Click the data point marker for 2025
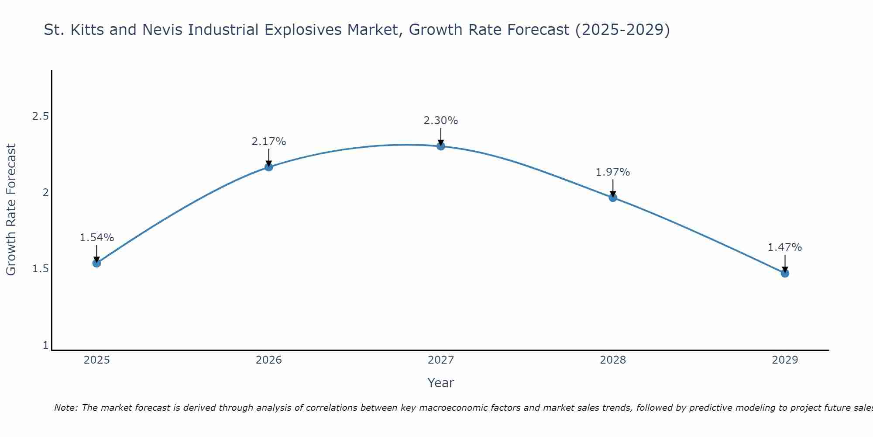pos(96,263)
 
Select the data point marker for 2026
pos(269,167)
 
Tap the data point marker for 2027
pos(441,146)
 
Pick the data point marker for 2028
pos(613,198)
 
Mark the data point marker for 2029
pos(785,274)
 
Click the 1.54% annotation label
pos(97,238)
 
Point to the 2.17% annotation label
pos(269,142)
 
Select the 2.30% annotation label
pos(441,121)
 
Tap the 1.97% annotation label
pos(613,172)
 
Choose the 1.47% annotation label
pos(785,247)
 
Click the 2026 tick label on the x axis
pos(269,360)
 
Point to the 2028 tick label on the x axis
pos(613,360)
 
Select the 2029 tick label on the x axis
pos(785,360)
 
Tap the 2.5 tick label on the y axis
pos(41,116)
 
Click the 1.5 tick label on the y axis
pos(41,269)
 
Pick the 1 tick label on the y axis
pos(45,345)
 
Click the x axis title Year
pos(441,383)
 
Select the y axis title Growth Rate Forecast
pos(11,210)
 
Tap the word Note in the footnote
pos(65,408)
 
